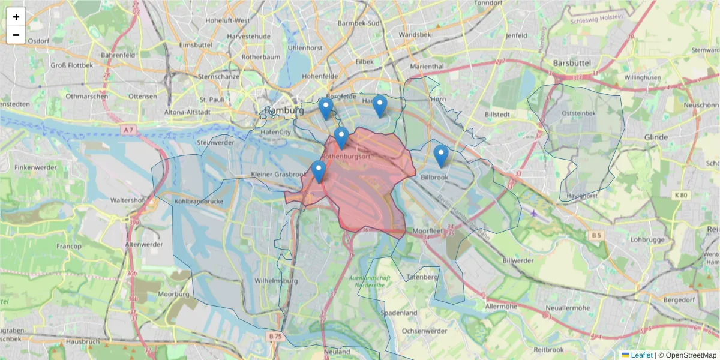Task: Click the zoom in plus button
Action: [16, 17]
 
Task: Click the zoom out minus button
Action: [16, 35]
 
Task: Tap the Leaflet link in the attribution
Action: [641, 355]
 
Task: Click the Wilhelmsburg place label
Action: [276, 280]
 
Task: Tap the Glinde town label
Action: [656, 137]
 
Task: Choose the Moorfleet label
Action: [427, 231]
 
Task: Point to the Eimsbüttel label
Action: [196, 44]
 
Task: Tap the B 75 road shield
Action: [275, 337]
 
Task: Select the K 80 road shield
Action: [681, 195]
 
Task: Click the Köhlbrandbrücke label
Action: [199, 202]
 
